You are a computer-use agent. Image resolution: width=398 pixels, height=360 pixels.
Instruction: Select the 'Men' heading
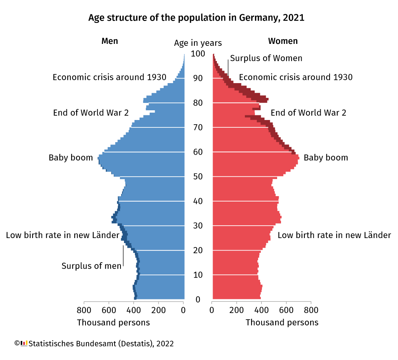pos(110,41)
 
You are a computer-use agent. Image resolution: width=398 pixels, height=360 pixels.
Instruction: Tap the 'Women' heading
pos(283,41)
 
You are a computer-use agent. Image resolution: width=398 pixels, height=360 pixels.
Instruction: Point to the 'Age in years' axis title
pos(198,43)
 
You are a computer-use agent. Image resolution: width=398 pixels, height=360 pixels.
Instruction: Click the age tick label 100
pos(198,54)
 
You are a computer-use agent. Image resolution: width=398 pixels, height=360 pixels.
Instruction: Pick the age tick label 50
pos(198,177)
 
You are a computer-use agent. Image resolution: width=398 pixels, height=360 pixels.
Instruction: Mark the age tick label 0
pos(198,299)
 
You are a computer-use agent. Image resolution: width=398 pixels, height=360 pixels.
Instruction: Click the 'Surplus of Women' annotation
pos(266,58)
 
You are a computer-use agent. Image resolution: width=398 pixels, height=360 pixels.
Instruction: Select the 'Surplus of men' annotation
pos(91,266)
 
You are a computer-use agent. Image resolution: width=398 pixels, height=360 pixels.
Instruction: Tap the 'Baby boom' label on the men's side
pos(71,158)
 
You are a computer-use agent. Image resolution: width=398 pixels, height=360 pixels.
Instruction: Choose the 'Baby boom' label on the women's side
pos(326,158)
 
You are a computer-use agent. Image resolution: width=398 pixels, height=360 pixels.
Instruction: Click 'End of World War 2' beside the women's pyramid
pos(308,113)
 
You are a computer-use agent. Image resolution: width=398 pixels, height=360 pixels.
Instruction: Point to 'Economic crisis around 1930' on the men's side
pos(109,77)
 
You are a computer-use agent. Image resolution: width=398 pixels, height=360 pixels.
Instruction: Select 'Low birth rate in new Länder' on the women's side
pos(334,235)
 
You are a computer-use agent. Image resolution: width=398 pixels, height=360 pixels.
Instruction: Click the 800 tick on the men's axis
pos(84,310)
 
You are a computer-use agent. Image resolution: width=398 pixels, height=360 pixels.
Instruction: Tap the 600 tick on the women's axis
pos(286,310)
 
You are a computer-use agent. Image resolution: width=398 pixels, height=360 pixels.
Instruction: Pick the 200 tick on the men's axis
pos(159,310)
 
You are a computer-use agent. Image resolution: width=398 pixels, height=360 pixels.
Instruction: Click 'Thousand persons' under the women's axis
pos(282,322)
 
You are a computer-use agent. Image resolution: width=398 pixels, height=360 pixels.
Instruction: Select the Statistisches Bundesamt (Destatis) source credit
pos(101,344)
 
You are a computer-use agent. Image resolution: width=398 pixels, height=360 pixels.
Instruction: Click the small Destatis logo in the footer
pos(24,343)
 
